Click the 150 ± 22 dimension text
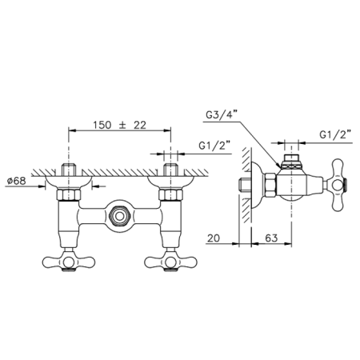click(119, 125)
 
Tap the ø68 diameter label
click(17, 181)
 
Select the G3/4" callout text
click(222, 115)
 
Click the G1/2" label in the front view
click(214, 146)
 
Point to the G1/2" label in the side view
click(335, 135)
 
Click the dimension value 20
click(214, 238)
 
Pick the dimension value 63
click(271, 238)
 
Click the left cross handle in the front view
click(69, 262)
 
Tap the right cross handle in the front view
click(170, 262)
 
